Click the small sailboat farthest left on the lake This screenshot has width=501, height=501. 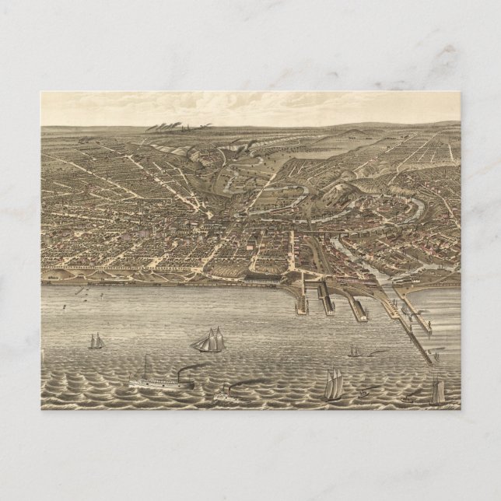(x=96, y=341)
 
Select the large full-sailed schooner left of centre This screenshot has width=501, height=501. (x=207, y=340)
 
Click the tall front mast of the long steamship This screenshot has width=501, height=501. (x=145, y=366)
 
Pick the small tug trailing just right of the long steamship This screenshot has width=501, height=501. (x=225, y=391)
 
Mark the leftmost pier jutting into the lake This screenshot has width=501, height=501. (x=300, y=300)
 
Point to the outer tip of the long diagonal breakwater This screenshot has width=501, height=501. (x=430, y=363)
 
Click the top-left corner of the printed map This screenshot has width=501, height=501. (x=41, y=92)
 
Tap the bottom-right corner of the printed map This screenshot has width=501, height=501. (x=461, y=409)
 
